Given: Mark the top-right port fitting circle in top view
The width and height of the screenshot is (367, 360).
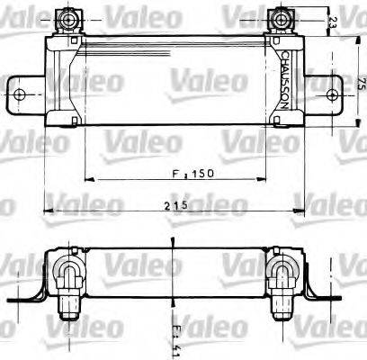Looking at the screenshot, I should (x=285, y=16).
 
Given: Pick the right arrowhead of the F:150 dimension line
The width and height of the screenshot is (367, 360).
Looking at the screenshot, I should (x=266, y=178).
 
